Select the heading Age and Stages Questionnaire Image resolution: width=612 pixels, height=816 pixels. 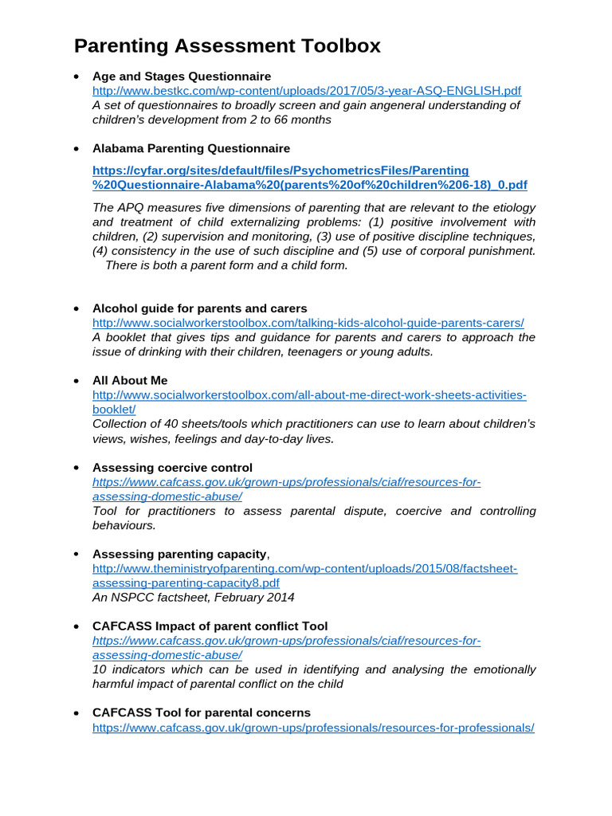point(182,76)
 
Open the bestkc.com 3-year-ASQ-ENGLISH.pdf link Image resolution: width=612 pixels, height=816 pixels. point(307,91)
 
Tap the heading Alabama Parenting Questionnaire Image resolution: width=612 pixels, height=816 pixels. point(191,148)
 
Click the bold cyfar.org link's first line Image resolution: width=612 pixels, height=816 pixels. point(280,171)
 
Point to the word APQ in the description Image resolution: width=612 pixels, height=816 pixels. point(130,208)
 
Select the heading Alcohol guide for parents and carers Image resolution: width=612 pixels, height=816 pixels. point(199,308)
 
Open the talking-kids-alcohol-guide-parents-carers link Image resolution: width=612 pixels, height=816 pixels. point(308,323)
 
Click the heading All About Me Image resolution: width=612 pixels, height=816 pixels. point(130,380)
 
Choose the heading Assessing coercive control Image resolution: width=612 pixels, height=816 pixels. point(172,468)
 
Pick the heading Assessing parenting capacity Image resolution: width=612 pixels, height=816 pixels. point(179,554)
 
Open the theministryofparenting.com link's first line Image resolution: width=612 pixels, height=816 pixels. point(305,568)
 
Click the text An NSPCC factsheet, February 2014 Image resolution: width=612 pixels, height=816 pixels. point(193,597)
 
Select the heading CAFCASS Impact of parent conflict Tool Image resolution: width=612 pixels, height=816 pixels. point(210,626)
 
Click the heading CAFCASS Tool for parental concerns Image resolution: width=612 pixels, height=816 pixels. point(202,712)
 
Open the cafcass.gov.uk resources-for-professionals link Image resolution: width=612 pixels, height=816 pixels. point(313,727)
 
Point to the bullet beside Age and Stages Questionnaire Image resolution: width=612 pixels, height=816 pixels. point(76,77)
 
